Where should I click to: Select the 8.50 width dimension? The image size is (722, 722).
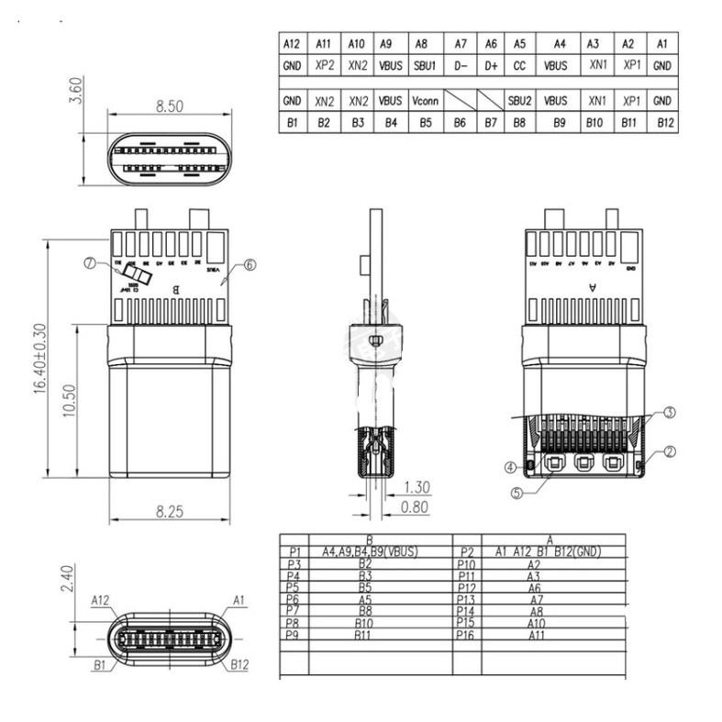(169, 106)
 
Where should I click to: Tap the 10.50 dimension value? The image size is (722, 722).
(70, 399)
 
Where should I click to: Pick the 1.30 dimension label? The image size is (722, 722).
(417, 487)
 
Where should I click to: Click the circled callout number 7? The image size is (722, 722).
(89, 263)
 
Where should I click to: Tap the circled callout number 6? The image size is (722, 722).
(250, 264)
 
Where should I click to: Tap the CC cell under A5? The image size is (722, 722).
(519, 66)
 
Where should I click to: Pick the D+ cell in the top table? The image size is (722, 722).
(491, 66)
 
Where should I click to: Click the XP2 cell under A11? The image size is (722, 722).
(323, 66)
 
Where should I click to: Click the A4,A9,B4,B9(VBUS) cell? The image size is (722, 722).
(370, 551)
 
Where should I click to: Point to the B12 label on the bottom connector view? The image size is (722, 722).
(239, 663)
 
